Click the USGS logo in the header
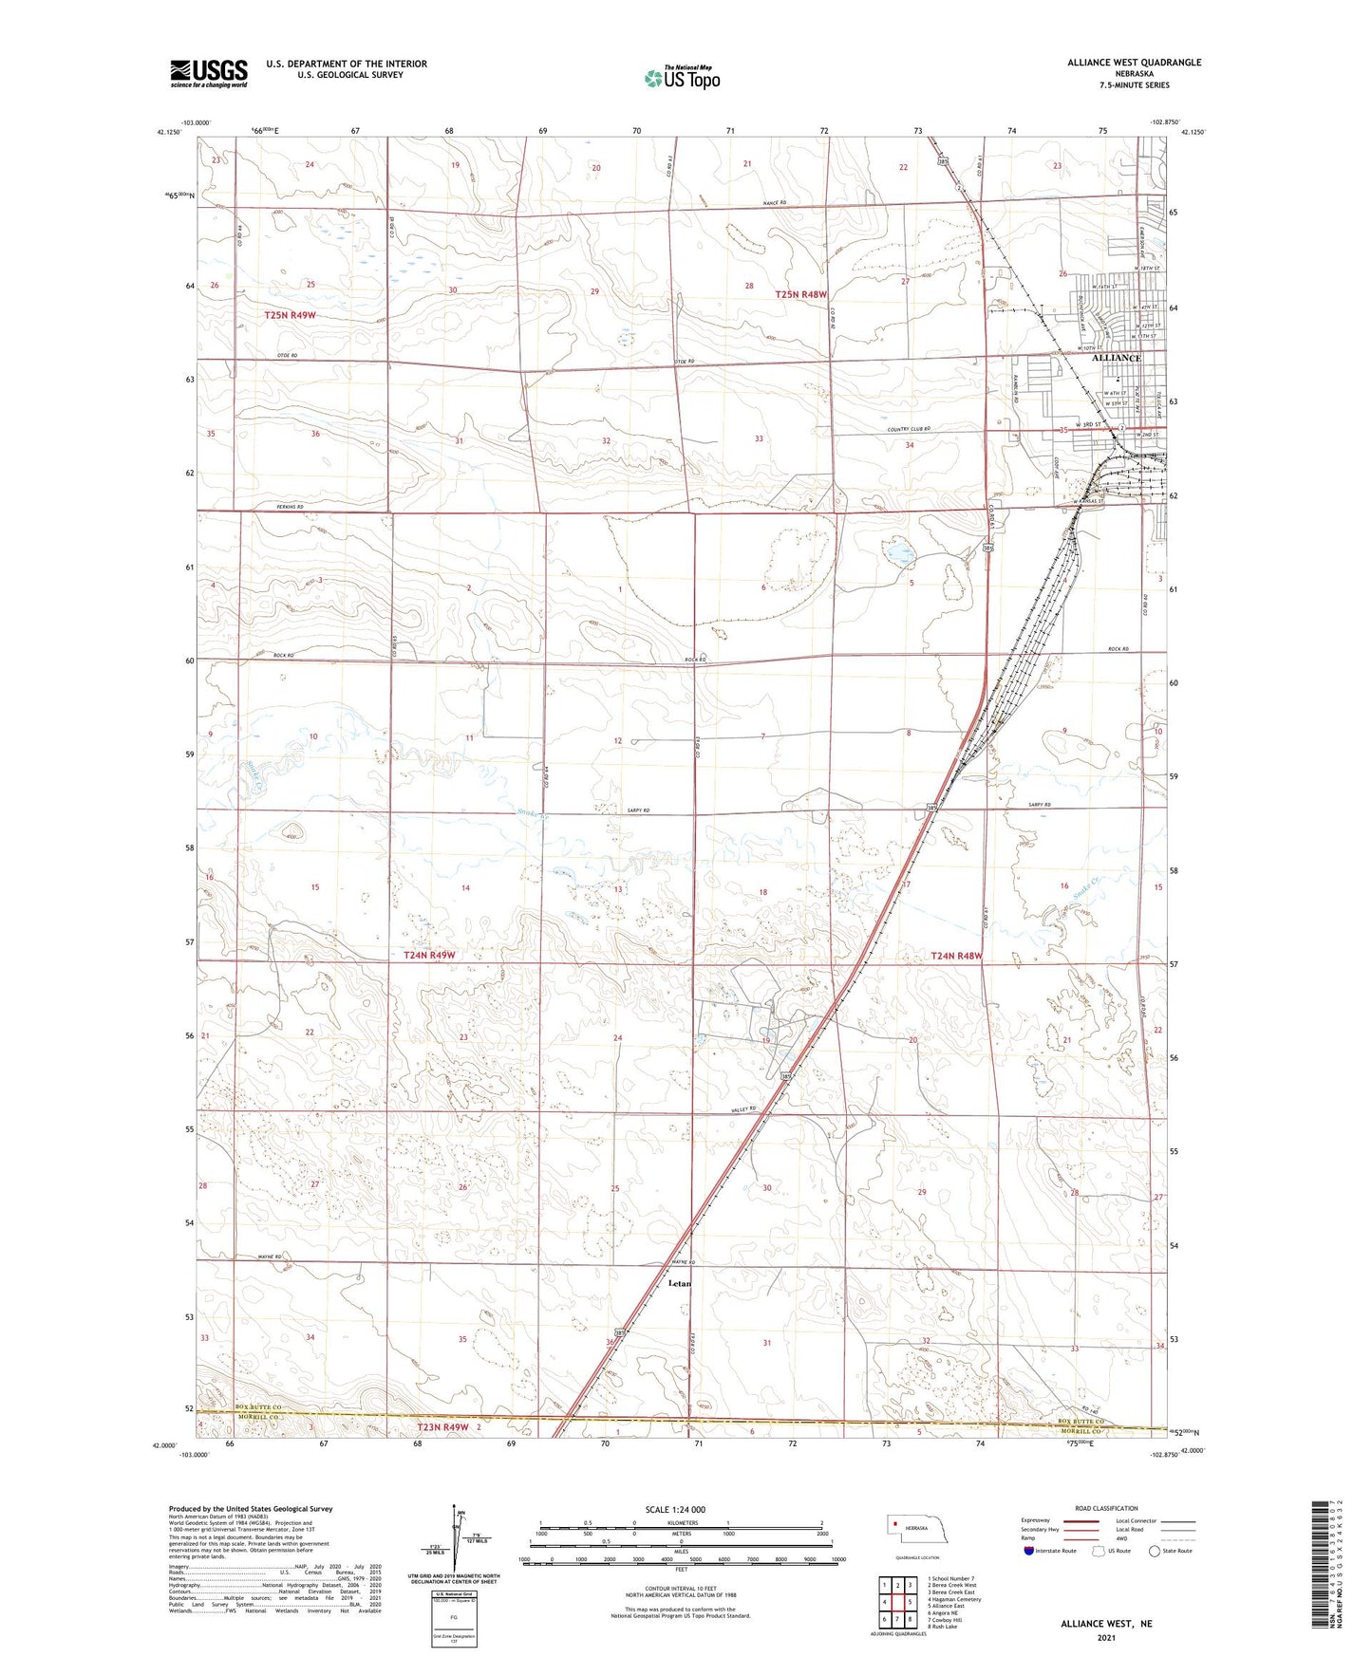tap(209, 73)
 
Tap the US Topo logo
tap(682, 78)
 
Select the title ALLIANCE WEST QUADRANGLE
tap(1120, 63)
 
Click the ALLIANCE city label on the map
tap(1117, 358)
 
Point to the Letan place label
tap(680, 1283)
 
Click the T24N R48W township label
tap(956, 956)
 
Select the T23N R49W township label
tap(443, 1427)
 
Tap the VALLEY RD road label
tap(743, 1108)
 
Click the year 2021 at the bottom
tap(1105, 1637)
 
